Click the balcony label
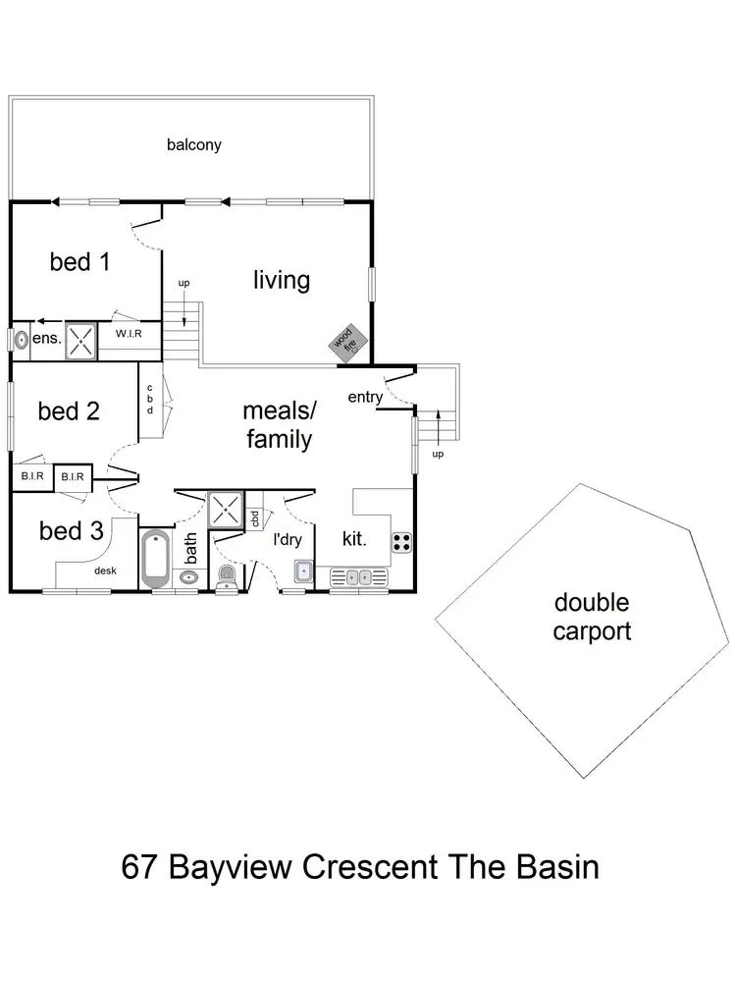pyautogui.click(x=193, y=145)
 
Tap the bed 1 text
pyautogui.click(x=80, y=262)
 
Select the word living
pyautogui.click(x=282, y=281)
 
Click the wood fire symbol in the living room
pyautogui.click(x=346, y=341)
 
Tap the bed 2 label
pyautogui.click(x=69, y=410)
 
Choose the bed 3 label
pyautogui.click(x=71, y=531)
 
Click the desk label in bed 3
pyautogui.click(x=105, y=570)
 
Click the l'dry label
pyautogui.click(x=289, y=538)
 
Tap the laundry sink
pyautogui.click(x=303, y=570)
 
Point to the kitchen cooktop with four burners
pyautogui.click(x=401, y=540)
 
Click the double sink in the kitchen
pyautogui.click(x=357, y=576)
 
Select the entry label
pyautogui.click(x=365, y=397)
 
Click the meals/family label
pyautogui.click(x=278, y=424)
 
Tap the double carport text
pyautogui.click(x=591, y=616)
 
